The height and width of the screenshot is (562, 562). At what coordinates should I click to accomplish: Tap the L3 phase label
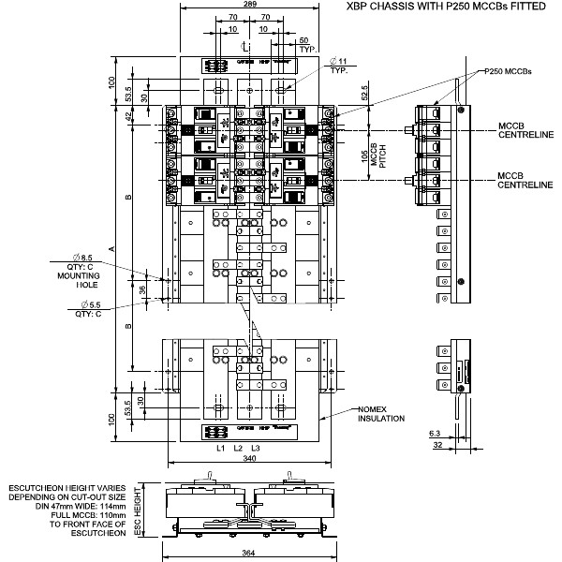pos(255,450)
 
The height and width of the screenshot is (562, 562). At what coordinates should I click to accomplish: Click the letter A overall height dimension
pos(111,248)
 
